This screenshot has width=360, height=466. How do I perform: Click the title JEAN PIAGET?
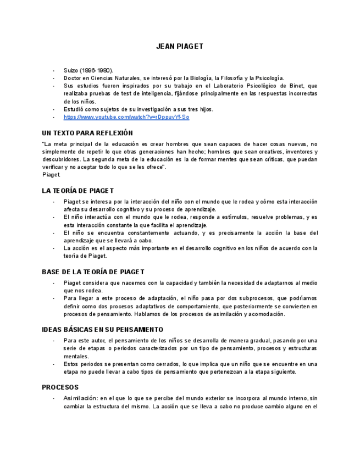pyautogui.click(x=180, y=47)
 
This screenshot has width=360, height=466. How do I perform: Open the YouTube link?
pyautogui.click(x=126, y=117)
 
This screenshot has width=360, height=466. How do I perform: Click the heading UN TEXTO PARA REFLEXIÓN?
pyautogui.click(x=87, y=133)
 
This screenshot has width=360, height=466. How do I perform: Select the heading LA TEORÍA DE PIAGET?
pyautogui.click(x=77, y=191)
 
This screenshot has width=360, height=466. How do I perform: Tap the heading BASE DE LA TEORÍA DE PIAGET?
pyautogui.click(x=93, y=272)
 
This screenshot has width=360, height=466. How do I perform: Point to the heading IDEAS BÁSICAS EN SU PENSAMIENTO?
pyautogui.click(x=102, y=330)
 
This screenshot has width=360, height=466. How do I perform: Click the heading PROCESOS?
pyautogui.click(x=60, y=387)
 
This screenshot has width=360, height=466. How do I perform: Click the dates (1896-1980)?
pyautogui.click(x=97, y=71)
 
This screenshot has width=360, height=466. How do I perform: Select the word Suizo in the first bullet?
pyautogui.click(x=71, y=71)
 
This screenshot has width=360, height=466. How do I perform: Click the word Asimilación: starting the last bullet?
pyautogui.click(x=80, y=398)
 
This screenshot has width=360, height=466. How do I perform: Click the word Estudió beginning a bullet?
pyautogui.click(x=75, y=109)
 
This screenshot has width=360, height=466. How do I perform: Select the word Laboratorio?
pyautogui.click(x=232, y=86)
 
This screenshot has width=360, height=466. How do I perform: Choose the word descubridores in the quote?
pyautogui.click(x=62, y=159)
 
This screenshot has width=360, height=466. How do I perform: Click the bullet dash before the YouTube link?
pyautogui.click(x=53, y=117)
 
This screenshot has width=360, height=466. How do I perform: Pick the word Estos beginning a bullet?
pyautogui.click(x=71, y=364)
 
